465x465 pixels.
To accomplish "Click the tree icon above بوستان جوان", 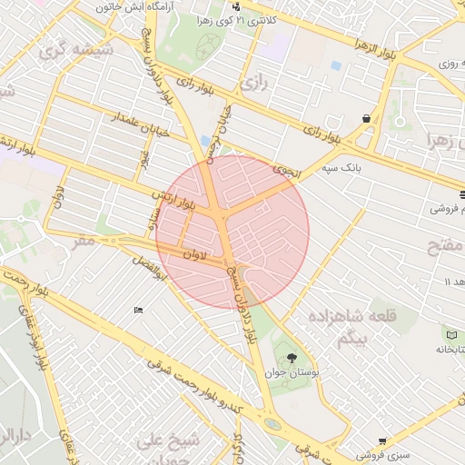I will [291, 358].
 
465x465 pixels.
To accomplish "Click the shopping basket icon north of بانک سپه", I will [366, 118].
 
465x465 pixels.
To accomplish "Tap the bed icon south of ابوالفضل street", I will [138, 311].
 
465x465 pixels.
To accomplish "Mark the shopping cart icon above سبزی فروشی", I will [382, 440].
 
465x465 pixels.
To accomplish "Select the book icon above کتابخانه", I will [452, 336].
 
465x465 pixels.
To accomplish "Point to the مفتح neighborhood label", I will [447, 247].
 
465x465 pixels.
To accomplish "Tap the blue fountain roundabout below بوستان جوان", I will [272, 423].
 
